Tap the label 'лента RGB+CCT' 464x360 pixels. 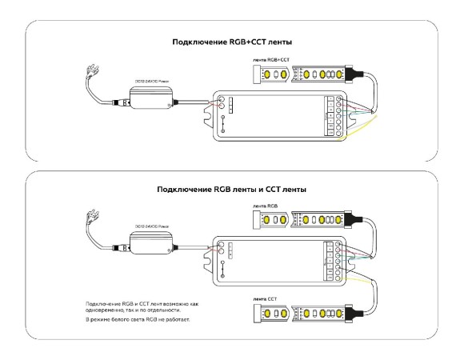click(271, 61)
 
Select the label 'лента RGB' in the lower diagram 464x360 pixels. click(264, 206)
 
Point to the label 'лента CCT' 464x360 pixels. click(264, 298)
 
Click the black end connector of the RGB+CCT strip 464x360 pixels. click(354, 74)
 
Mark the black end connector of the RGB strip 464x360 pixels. click(354, 218)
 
